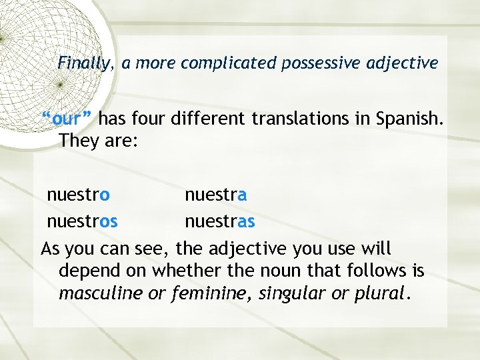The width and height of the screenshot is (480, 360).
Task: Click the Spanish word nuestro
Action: (x=78, y=195)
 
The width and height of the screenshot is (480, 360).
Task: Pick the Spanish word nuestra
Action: (x=216, y=195)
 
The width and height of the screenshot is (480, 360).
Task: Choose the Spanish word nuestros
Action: (x=82, y=221)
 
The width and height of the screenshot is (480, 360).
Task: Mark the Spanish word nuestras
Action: (x=220, y=221)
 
